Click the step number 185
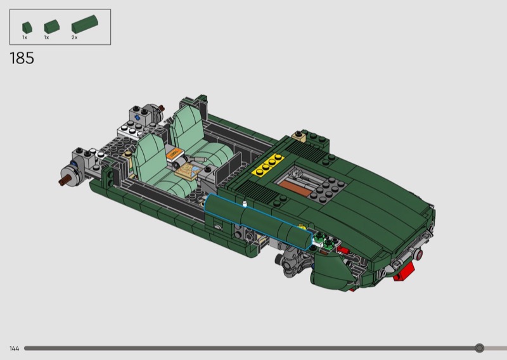[22, 58]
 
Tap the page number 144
[14, 349]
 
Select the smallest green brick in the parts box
[27, 27]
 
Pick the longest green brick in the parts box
[85, 24]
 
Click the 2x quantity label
[74, 37]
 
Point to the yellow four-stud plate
[268, 165]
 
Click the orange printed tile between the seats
[174, 153]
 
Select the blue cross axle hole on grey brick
[138, 118]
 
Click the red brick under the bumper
[404, 272]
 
